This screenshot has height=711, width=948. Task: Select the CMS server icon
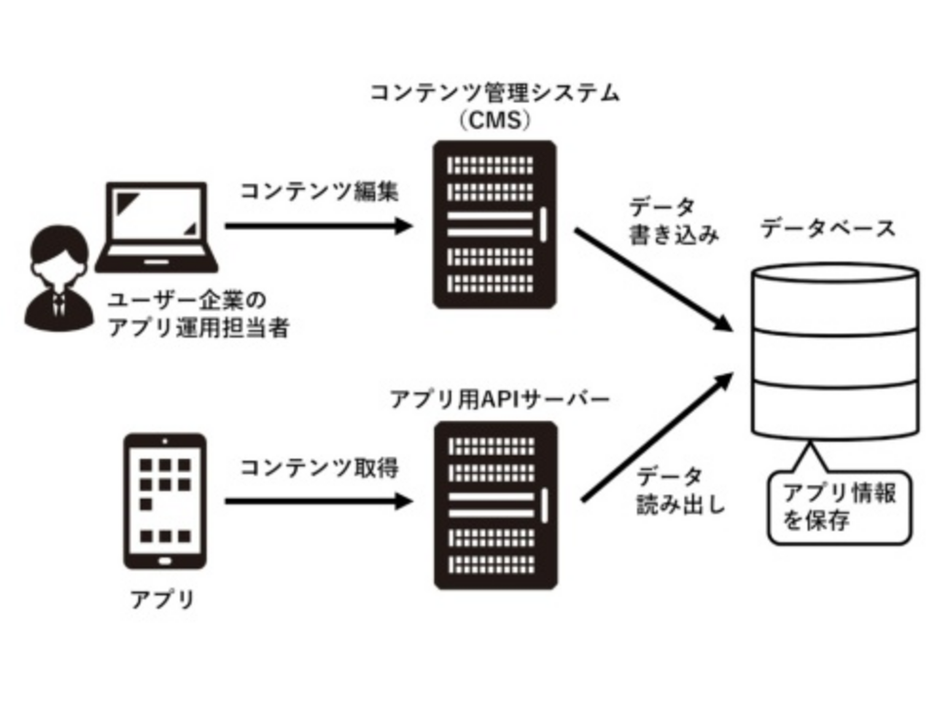click(x=494, y=225)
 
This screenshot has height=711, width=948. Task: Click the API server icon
click(x=495, y=505)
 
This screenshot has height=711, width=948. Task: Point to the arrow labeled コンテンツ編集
click(x=319, y=225)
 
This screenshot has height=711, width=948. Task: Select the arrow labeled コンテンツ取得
click(x=319, y=501)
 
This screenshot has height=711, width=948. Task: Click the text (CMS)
click(x=494, y=119)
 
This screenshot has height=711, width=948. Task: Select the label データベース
click(x=828, y=228)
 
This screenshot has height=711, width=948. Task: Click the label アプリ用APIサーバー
click(x=500, y=400)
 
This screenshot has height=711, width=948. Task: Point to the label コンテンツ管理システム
click(x=494, y=93)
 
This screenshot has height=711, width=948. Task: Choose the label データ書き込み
click(x=672, y=221)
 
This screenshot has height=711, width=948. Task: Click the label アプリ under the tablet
click(x=163, y=599)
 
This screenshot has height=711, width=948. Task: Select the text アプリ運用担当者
click(x=198, y=327)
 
